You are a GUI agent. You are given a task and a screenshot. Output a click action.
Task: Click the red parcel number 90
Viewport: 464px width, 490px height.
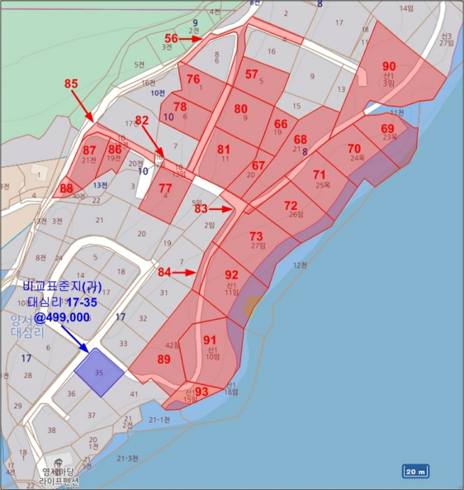[x=389, y=66]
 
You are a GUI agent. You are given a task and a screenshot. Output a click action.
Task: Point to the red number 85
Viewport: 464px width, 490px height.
[x=71, y=84]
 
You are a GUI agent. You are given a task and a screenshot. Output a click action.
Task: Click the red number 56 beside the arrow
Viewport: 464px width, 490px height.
[x=171, y=38]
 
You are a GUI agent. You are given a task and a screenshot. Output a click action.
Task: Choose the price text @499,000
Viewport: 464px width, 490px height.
[x=62, y=317]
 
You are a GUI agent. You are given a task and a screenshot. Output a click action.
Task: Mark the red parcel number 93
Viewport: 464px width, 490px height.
[x=202, y=391]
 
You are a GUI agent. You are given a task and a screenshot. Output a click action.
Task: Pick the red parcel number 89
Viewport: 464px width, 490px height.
[x=164, y=359]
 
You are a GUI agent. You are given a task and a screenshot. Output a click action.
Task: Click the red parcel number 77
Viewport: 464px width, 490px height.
[x=165, y=188]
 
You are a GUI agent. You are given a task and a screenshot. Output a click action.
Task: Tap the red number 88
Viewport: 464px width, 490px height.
[x=66, y=188]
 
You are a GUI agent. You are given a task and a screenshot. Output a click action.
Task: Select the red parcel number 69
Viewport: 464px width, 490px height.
[x=388, y=129]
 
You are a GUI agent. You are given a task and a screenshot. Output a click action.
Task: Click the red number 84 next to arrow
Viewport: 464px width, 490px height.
[x=165, y=272]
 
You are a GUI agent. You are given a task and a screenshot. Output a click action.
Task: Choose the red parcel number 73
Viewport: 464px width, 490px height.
[x=256, y=236]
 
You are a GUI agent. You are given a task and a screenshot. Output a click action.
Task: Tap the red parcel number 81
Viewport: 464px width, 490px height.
[x=224, y=149]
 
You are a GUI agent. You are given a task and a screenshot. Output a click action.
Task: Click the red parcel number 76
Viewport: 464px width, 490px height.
[x=195, y=79]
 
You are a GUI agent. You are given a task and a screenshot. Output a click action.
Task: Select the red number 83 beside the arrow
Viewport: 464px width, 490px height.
[x=202, y=209]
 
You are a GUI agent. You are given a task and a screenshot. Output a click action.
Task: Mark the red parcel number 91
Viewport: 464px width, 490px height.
[x=210, y=340]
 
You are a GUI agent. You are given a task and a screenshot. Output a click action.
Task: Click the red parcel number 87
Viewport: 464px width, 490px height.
[x=90, y=150]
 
